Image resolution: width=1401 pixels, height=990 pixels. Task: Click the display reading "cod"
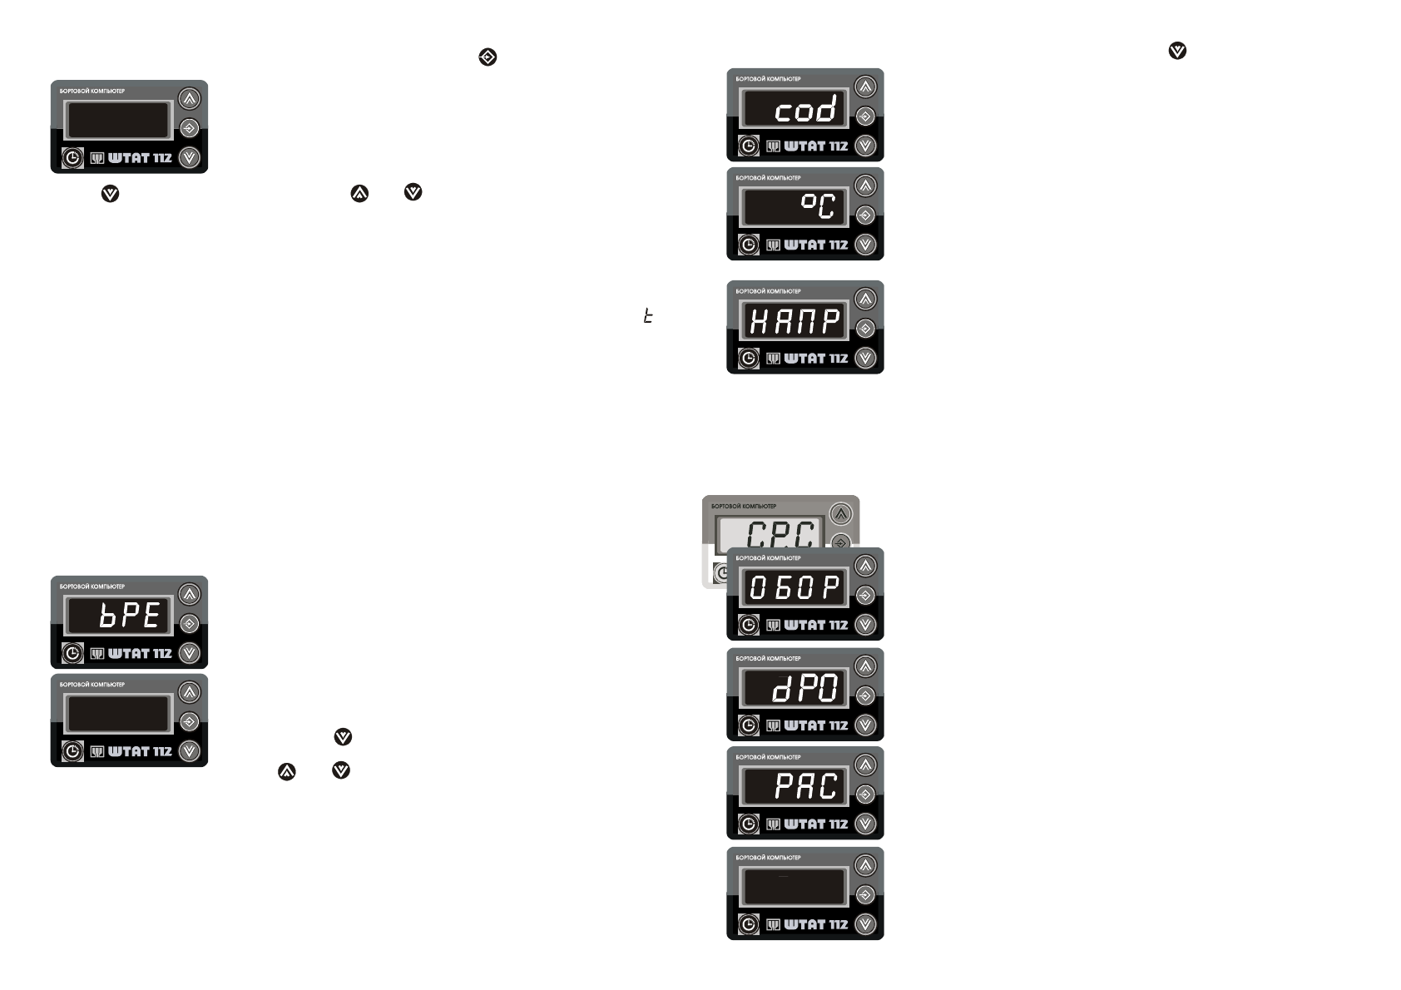coord(795,109)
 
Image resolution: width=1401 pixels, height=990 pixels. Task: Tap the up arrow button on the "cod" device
coord(865,87)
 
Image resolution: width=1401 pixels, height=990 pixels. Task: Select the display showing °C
coord(795,208)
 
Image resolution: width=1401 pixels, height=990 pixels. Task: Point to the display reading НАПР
coord(795,321)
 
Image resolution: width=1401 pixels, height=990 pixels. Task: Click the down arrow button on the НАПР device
coord(865,358)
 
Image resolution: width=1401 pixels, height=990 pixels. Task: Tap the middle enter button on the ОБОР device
coord(865,596)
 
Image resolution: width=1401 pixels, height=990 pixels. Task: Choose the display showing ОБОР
coord(795,588)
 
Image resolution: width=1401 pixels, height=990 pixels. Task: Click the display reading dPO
coord(795,689)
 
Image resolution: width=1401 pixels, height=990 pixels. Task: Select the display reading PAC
coord(795,787)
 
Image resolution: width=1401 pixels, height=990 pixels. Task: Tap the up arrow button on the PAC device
coord(865,765)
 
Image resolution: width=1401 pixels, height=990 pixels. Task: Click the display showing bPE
coord(119,616)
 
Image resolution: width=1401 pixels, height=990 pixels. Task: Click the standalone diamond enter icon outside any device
coord(488,57)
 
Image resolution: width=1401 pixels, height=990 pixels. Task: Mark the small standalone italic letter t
coord(647,316)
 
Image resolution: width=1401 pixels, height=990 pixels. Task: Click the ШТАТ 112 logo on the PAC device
coord(807,824)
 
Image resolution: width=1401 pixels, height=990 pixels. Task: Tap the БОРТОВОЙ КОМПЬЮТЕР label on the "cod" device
coord(768,79)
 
